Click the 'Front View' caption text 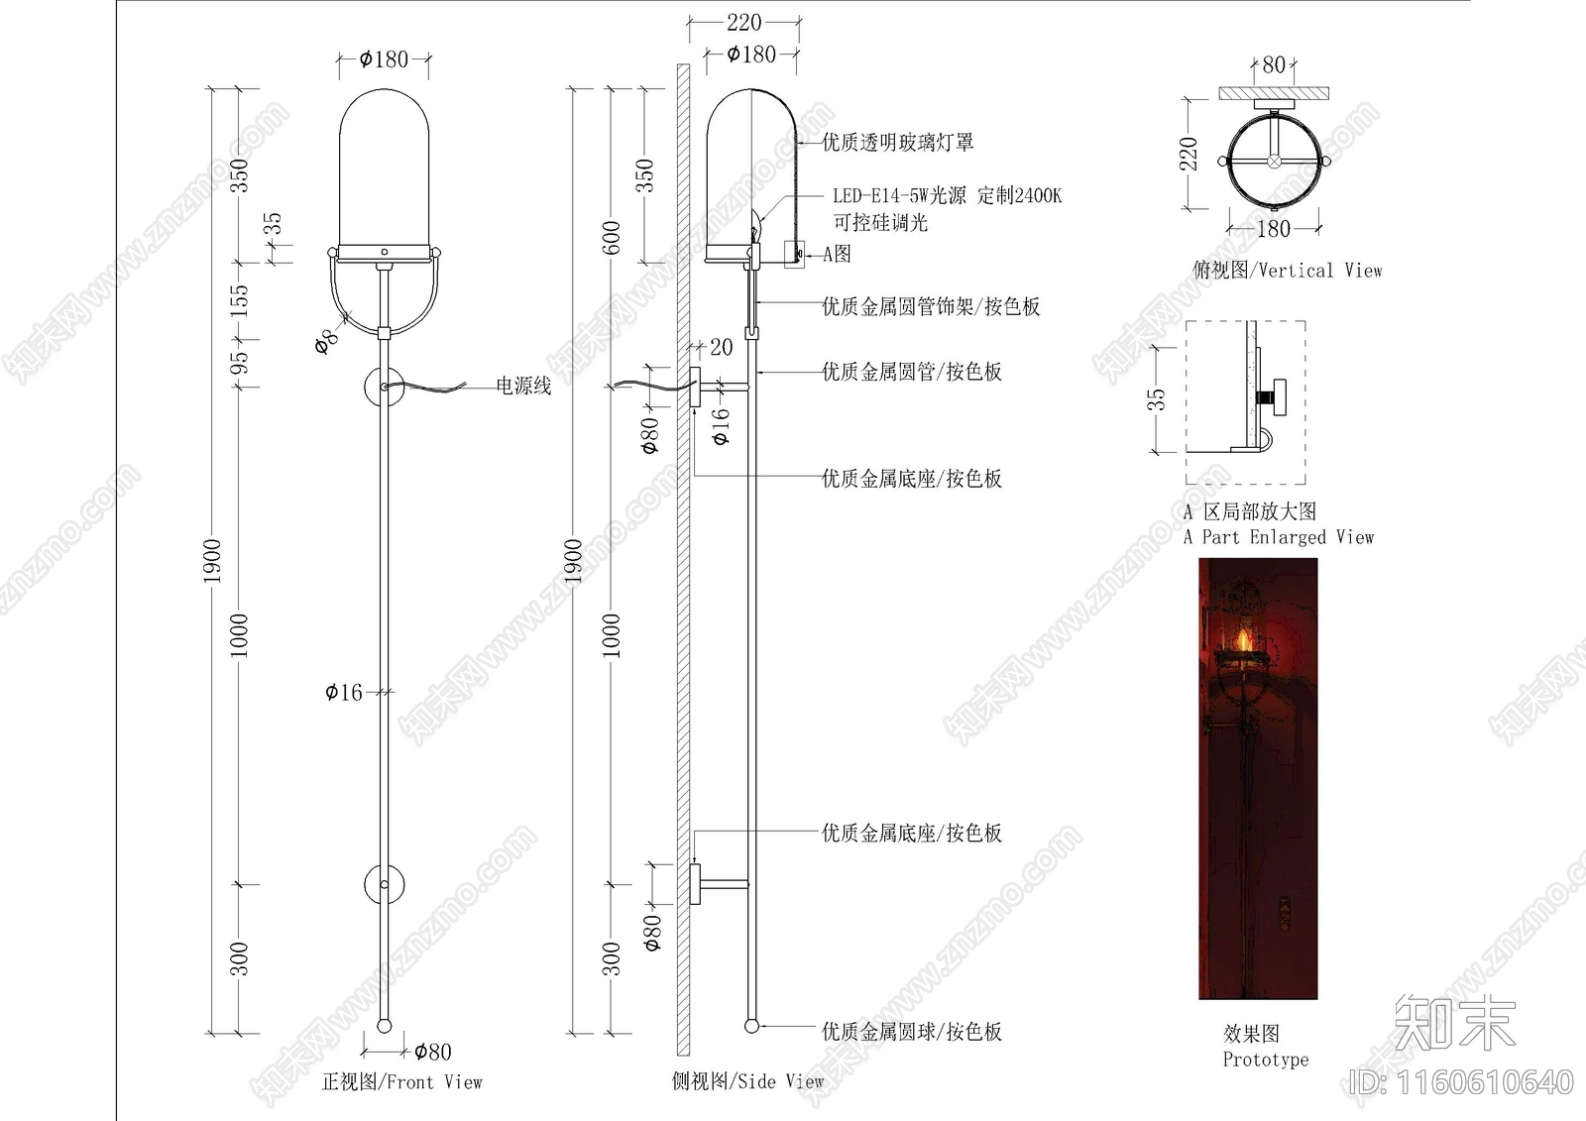pos(402,1082)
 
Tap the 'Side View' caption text pos(747,1081)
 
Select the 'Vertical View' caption pos(1287,271)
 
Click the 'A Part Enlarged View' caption pos(1278,537)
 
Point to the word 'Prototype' pos(1266,1060)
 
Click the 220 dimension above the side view pos(743,22)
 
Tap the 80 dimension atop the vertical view pos(1274,65)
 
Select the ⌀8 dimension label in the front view pos(326,340)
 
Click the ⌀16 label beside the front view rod pos(344,692)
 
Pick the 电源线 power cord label pos(523,386)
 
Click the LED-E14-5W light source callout pos(947,196)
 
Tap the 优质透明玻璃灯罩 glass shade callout pos(897,143)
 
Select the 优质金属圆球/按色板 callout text pos(911,1032)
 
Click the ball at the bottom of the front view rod pos(385,1025)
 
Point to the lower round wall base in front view pos(385,883)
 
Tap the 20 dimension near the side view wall pos(721,347)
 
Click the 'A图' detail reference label pos(837,254)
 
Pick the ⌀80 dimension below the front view pos(432,1052)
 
